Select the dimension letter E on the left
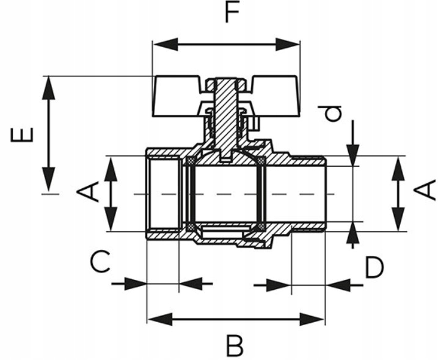(23, 133)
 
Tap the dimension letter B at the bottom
(234, 346)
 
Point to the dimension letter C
(100, 263)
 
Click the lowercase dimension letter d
(332, 113)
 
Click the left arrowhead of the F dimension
(160, 45)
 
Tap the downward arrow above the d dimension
(352, 155)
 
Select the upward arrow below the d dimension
(352, 232)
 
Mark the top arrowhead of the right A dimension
(398, 166)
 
